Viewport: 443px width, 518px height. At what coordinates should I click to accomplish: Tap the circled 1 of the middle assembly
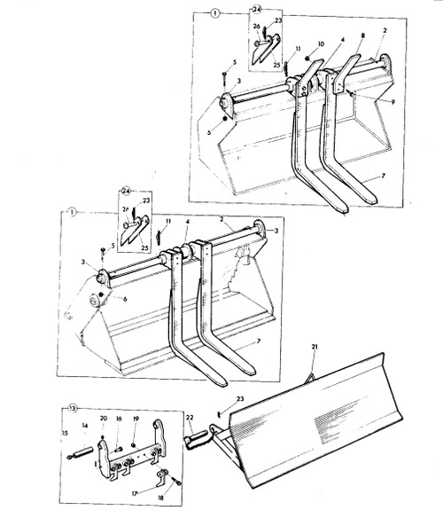click(x=67, y=213)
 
